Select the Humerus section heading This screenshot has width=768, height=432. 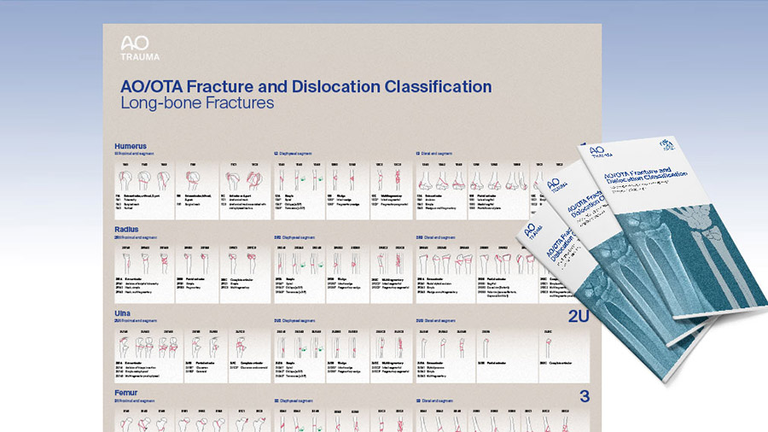coord(131,146)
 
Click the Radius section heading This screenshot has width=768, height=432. coord(126,230)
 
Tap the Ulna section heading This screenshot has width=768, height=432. coord(123,311)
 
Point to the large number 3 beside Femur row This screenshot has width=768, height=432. coord(585,396)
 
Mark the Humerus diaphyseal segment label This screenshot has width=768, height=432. coord(294,154)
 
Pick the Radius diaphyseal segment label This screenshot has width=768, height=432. coord(294,236)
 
